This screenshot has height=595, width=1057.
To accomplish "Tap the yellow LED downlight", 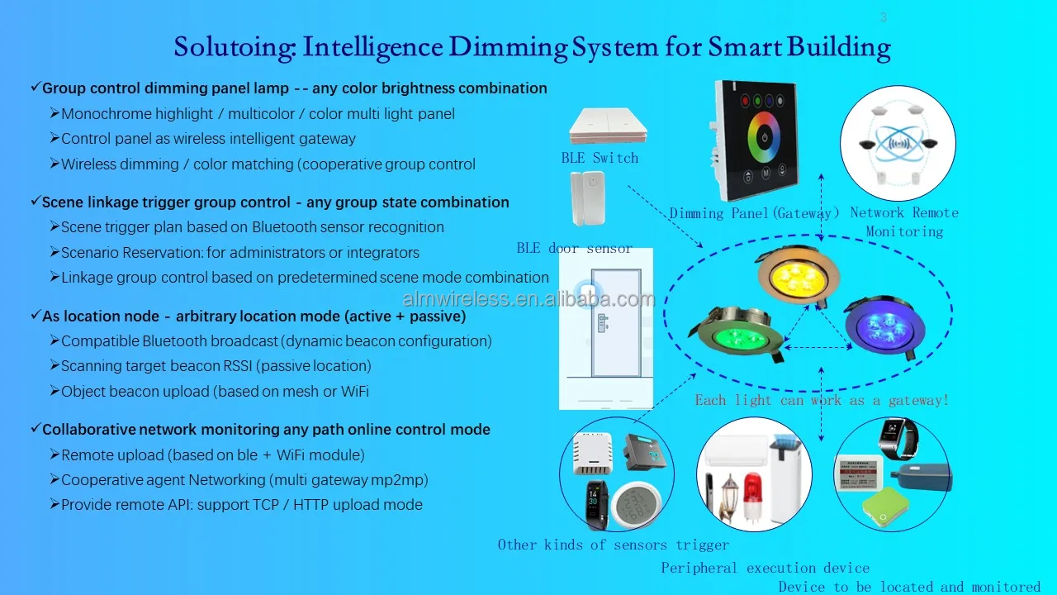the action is coord(799,274).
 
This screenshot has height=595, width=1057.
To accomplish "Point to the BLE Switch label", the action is coord(600,158).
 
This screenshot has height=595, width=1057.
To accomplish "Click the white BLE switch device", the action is coord(607,126).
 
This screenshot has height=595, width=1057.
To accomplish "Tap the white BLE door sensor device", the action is coord(588,199).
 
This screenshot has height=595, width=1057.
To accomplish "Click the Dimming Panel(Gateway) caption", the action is coord(755,213).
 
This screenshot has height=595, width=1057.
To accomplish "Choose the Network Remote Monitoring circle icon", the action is coord(898,142).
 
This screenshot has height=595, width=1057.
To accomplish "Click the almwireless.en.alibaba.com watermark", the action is coord(528,299).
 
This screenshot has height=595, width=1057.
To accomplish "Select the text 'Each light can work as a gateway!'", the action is coord(822,400).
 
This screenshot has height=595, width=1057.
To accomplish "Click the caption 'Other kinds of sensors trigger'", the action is coord(614,545).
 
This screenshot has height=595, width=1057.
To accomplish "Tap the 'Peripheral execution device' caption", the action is coord(765,568).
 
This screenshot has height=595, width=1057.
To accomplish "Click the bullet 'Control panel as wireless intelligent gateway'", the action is coord(208,139).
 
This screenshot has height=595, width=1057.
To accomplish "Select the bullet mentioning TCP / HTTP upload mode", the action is coord(241,505).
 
